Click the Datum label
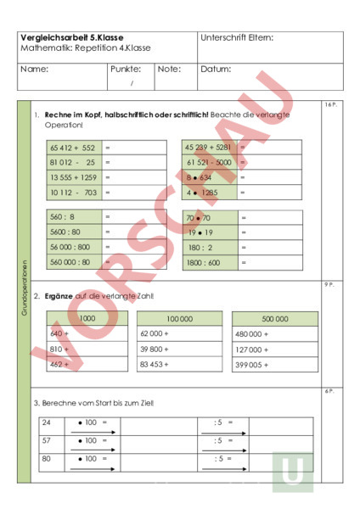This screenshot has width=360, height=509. click(216, 70)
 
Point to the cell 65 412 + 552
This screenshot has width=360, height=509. click(72, 148)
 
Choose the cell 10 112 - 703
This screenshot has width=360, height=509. click(72, 193)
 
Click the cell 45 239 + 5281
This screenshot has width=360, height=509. click(208, 147)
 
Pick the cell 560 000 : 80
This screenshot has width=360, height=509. click(70, 262)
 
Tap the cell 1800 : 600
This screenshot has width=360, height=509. click(203, 262)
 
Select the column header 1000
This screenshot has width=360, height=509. click(87, 319)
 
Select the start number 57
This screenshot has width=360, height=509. click(48, 441)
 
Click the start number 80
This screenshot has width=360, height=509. click(48, 460)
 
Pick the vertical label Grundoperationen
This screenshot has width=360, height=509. click(25, 288)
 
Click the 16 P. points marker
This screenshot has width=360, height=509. click(331, 105)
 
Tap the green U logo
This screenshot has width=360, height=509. click(292, 470)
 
